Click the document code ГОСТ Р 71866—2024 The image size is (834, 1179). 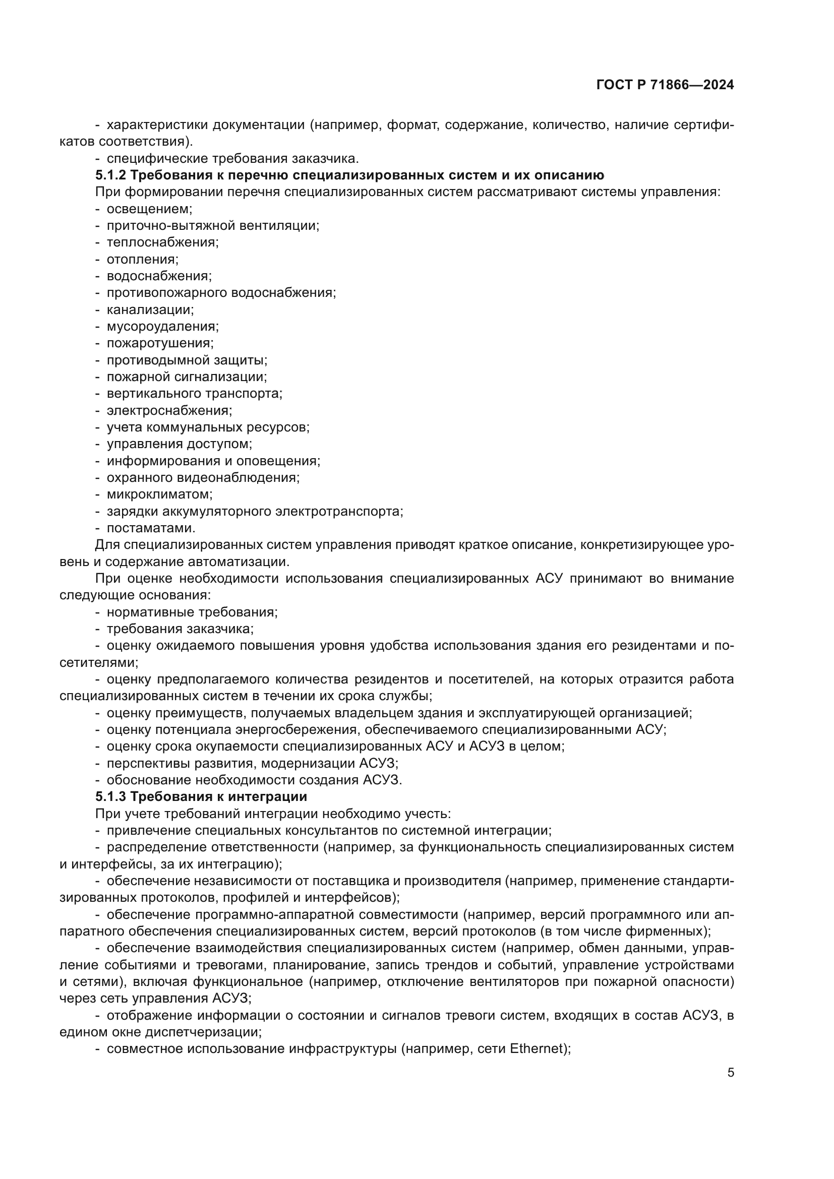click(x=665, y=85)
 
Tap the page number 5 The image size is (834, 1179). click(x=730, y=1073)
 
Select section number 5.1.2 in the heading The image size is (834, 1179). click(x=110, y=175)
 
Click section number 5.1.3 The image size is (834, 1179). click(x=110, y=796)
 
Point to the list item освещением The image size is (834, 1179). click(x=149, y=209)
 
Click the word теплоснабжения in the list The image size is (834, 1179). click(x=162, y=242)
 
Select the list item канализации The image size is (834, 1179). click(x=150, y=309)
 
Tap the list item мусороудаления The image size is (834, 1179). click(x=162, y=327)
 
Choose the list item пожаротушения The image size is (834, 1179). click(x=160, y=343)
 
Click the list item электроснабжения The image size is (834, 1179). click(x=169, y=410)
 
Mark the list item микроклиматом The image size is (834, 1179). click(x=159, y=494)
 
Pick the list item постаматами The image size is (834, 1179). click(x=150, y=528)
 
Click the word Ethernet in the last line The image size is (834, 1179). click(x=537, y=1048)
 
